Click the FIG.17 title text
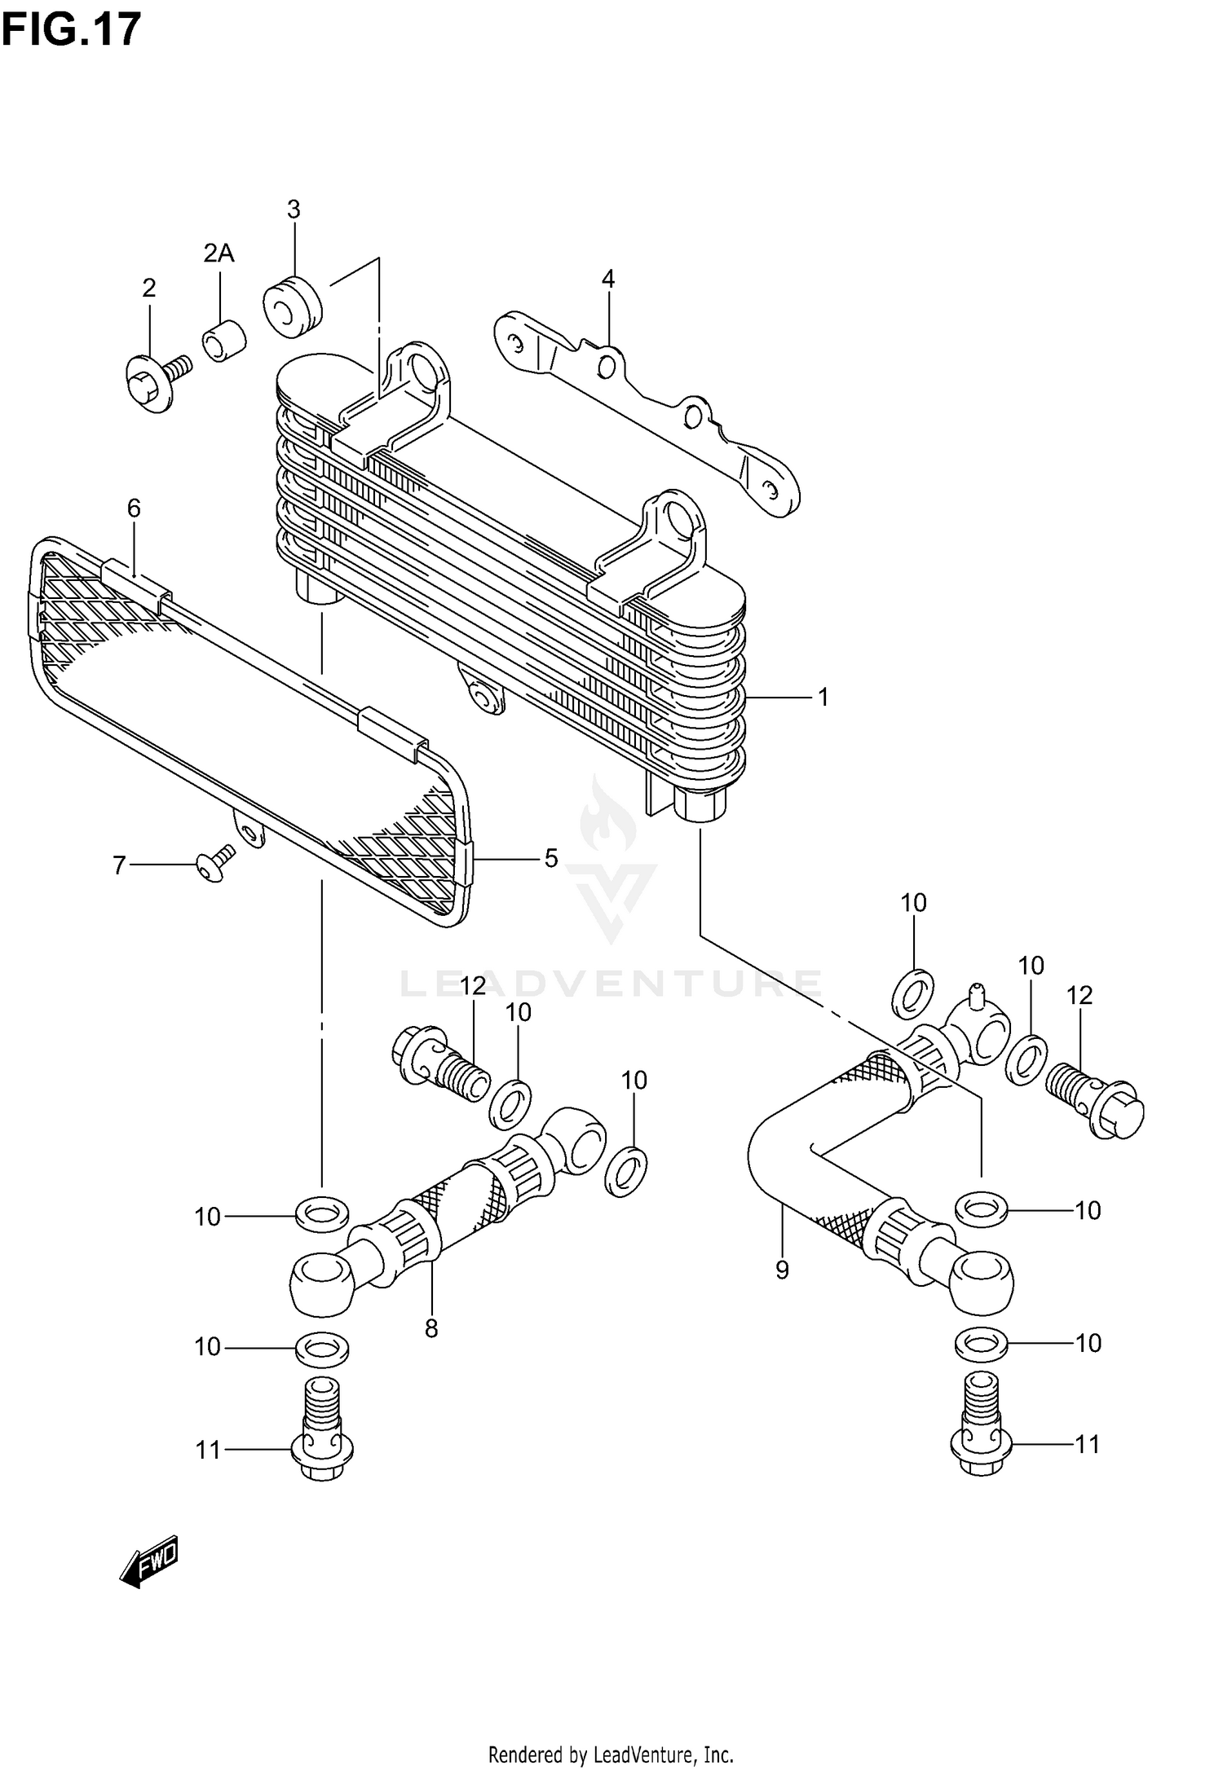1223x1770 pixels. pyautogui.click(x=71, y=30)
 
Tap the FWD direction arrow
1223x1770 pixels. pyautogui.click(x=148, y=1563)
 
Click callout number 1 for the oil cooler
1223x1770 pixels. pyautogui.click(x=823, y=698)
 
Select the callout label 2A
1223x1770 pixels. pyautogui.click(x=219, y=253)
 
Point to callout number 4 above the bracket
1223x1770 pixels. pyautogui.click(x=607, y=280)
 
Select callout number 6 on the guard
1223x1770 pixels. pyautogui.click(x=134, y=509)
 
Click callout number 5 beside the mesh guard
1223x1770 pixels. pyautogui.click(x=551, y=858)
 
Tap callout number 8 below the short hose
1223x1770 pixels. pyautogui.click(x=431, y=1329)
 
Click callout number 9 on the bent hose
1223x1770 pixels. pyautogui.click(x=782, y=1270)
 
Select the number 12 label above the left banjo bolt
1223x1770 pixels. pyautogui.click(x=472, y=986)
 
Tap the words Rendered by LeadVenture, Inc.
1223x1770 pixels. pyautogui.click(x=611, y=1755)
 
